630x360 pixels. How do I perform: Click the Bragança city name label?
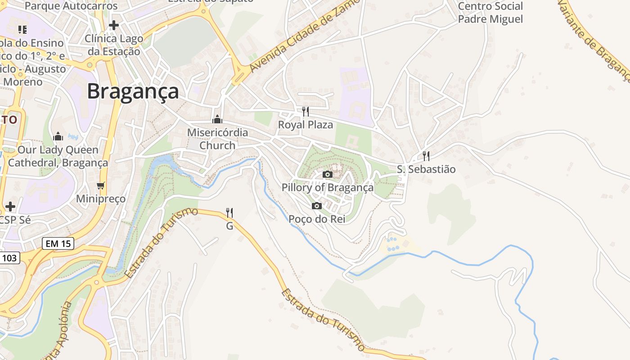coord(133,91)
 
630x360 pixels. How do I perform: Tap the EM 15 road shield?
coord(58,243)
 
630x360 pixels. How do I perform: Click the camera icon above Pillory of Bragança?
coord(328,174)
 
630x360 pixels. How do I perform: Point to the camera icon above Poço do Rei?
coord(317,206)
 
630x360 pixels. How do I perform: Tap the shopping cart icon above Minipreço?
coord(101,185)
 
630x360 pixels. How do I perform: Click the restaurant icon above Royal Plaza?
coord(306,111)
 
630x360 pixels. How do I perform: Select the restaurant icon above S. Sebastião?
coord(426,156)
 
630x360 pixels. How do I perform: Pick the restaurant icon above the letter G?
coord(229,212)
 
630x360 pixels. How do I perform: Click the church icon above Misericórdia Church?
coord(217,119)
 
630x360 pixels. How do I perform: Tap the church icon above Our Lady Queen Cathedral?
coord(58,136)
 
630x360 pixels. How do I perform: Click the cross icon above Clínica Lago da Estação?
coord(114,25)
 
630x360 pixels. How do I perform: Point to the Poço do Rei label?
coord(317,219)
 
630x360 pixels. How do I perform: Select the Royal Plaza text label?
coord(306,125)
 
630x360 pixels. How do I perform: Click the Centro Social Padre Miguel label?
coord(490,13)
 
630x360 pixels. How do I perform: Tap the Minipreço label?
coord(101,198)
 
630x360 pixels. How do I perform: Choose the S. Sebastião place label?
coord(426,169)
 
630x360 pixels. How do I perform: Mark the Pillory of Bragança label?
coord(328,187)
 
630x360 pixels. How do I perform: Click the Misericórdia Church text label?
coord(217,139)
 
